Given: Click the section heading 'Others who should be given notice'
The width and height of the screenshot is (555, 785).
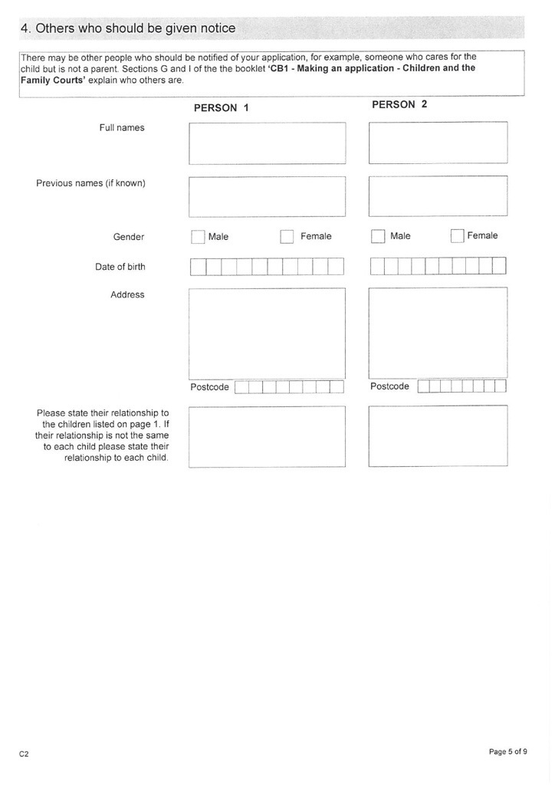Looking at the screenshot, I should (x=128, y=28).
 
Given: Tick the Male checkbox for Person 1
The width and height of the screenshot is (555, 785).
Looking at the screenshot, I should (x=198, y=237).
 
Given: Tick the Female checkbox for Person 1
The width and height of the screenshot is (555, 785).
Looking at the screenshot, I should (x=287, y=237).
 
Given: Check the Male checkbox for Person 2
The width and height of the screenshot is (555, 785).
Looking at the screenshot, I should (x=377, y=236).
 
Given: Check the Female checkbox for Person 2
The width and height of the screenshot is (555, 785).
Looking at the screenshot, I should (x=458, y=236).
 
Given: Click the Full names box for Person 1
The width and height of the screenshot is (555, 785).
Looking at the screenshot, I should (x=267, y=143).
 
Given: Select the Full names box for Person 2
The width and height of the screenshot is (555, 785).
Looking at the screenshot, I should (x=438, y=143).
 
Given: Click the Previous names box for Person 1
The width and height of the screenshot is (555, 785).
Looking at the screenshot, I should (x=267, y=197).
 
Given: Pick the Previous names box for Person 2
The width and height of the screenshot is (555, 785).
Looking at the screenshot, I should (x=438, y=197).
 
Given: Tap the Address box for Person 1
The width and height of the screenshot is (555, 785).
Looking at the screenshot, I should (x=267, y=333).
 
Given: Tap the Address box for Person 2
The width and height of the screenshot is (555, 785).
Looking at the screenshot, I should (x=438, y=332).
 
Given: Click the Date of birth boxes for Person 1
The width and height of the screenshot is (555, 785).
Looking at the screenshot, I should (x=267, y=267).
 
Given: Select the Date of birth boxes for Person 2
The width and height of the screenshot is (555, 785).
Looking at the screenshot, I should (x=438, y=266).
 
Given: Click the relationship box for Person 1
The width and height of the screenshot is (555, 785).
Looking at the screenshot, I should (x=267, y=436).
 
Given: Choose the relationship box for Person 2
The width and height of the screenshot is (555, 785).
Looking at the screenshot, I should (x=438, y=435).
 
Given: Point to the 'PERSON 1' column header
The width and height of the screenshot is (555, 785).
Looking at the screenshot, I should (x=221, y=108).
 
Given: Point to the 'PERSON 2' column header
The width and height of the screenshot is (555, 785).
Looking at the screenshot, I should (x=399, y=104).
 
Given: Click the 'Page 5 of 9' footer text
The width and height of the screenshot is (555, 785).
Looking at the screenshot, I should (x=507, y=752).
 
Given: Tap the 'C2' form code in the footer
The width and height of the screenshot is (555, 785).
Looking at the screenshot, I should (x=24, y=754).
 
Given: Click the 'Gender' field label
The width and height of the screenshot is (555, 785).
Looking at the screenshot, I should (x=129, y=237).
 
